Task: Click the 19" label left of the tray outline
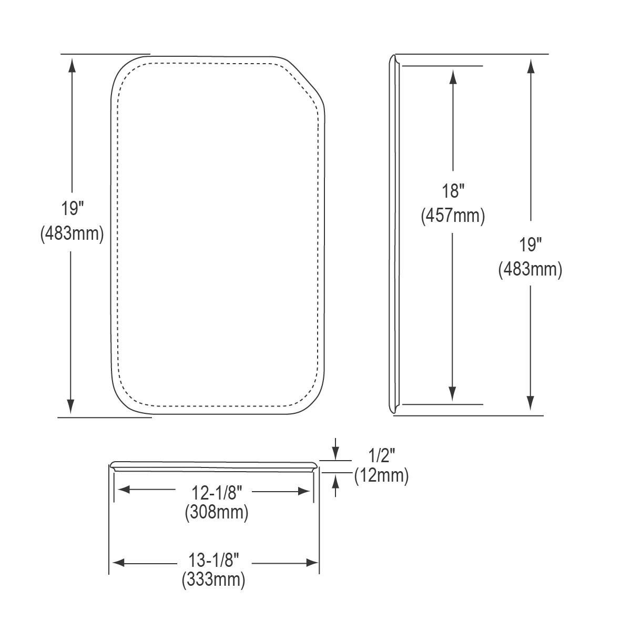coord(72,209)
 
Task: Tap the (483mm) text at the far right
coord(530,269)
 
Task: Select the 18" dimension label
coord(453,190)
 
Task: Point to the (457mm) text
coord(453,216)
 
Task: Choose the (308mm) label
coord(216,512)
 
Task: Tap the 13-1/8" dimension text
coord(214,562)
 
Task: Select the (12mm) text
coord(381,476)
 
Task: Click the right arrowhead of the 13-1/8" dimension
coord(312,563)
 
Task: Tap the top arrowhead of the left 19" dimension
coord(72,65)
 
